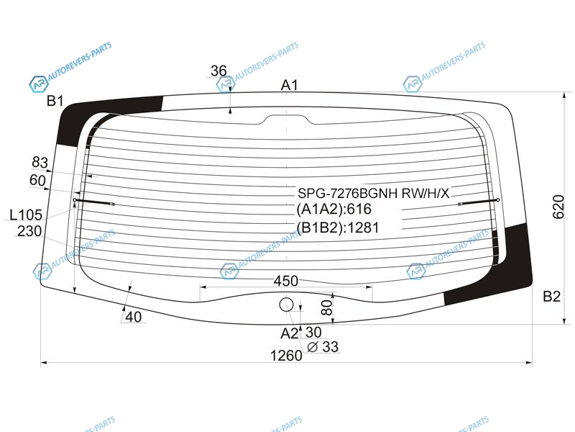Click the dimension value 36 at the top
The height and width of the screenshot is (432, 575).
(218, 71)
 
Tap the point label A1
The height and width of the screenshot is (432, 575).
(290, 85)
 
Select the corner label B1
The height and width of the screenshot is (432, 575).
(55, 101)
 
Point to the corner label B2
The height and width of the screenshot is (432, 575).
(551, 296)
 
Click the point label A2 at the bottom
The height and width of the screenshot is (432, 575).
(290, 333)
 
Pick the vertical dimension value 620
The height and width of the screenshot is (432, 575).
(558, 207)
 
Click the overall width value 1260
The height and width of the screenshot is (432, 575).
(286, 356)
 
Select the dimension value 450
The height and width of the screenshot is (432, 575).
(285, 281)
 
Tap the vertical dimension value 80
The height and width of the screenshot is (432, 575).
(326, 307)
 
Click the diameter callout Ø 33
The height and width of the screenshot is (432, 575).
(323, 347)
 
